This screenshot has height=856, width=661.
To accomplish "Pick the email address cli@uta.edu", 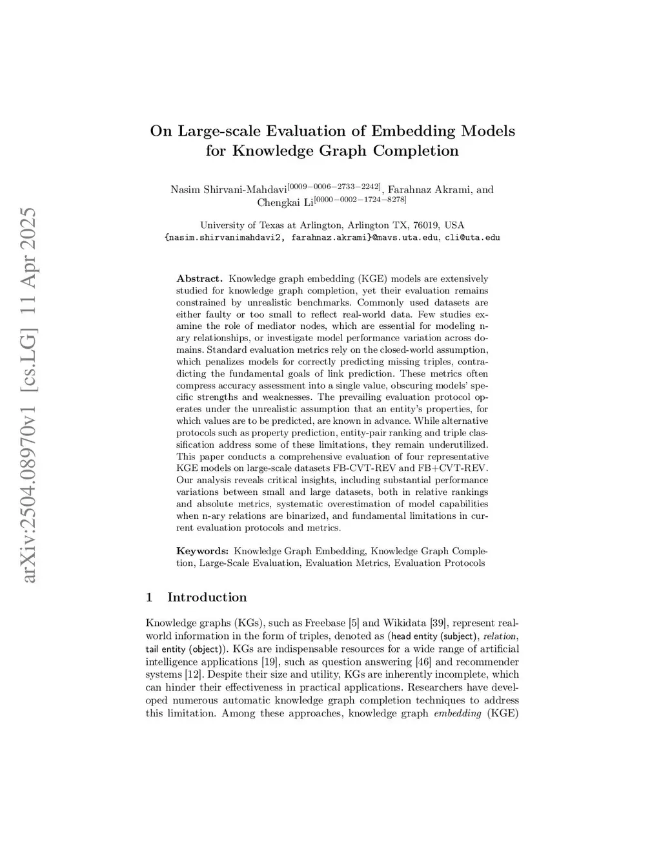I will (x=473, y=238).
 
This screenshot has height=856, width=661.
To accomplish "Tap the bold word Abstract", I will (x=199, y=279).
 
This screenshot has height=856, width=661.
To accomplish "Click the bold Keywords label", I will (x=203, y=551).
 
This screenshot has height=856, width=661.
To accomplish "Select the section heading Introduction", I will (x=207, y=597).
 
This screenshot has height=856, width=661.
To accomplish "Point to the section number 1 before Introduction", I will (x=150, y=597).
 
